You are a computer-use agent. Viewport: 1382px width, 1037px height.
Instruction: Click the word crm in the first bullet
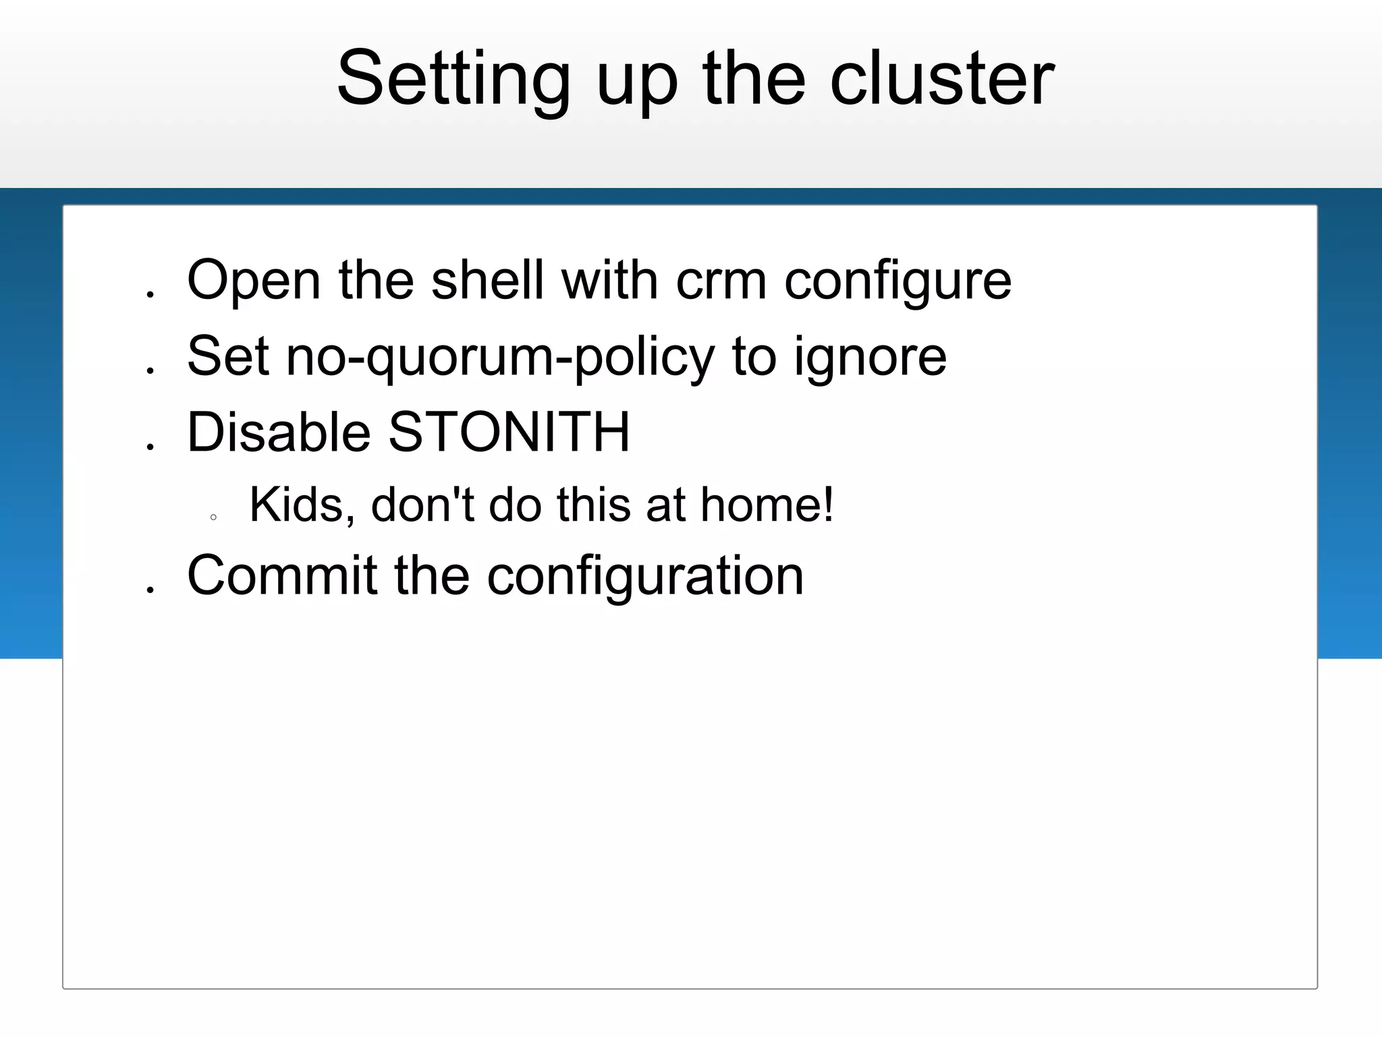[721, 281]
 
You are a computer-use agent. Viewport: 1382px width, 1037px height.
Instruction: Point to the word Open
[254, 282]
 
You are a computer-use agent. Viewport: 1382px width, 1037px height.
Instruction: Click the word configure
[897, 282]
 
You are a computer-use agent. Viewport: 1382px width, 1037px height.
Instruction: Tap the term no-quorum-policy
[499, 358]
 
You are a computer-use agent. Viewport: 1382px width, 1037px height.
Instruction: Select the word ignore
[870, 358]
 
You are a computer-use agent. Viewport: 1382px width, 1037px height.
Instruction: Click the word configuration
[645, 577]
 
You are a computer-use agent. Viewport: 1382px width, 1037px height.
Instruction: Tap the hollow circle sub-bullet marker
[213, 517]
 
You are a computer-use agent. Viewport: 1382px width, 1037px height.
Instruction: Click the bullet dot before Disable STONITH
[150, 447]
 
